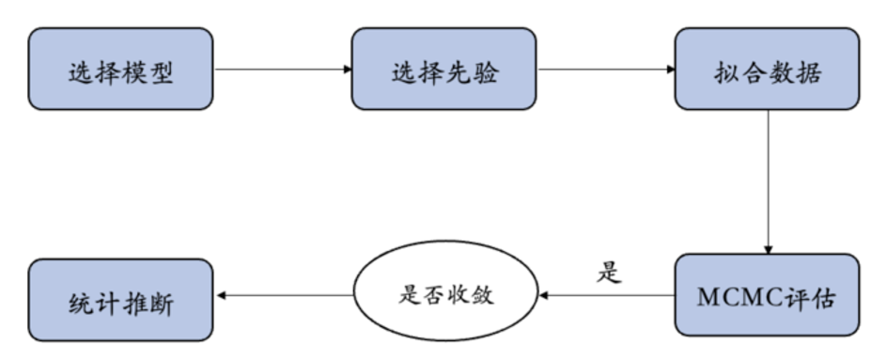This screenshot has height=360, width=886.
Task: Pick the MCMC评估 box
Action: point(767,295)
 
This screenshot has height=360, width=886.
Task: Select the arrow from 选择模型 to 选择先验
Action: point(282,69)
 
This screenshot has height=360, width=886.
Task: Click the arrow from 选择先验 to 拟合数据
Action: point(605,69)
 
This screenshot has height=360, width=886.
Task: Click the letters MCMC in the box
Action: point(737,295)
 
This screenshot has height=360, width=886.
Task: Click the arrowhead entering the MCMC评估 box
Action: point(769,249)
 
